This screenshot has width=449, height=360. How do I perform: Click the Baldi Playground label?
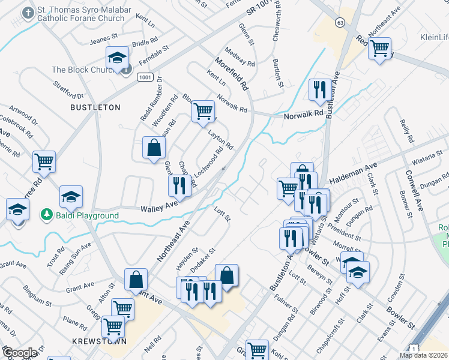click(x=84, y=214)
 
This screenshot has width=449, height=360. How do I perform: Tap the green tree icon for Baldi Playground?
click(x=46, y=214)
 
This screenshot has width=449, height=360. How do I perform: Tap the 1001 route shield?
click(x=144, y=77)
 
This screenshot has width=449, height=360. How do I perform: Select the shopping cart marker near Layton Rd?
click(x=203, y=110)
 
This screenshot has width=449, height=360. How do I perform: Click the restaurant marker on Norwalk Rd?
click(x=318, y=89)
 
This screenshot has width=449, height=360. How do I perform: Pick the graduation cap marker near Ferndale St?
click(x=117, y=57)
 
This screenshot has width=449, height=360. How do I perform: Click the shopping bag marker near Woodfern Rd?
click(x=154, y=148)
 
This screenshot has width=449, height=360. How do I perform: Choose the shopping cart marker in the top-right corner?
click(x=380, y=48)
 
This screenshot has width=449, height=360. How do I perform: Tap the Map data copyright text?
click(x=423, y=355)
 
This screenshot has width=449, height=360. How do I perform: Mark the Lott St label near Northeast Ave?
click(x=222, y=213)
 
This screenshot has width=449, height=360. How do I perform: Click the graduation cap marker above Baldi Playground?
click(x=71, y=197)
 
